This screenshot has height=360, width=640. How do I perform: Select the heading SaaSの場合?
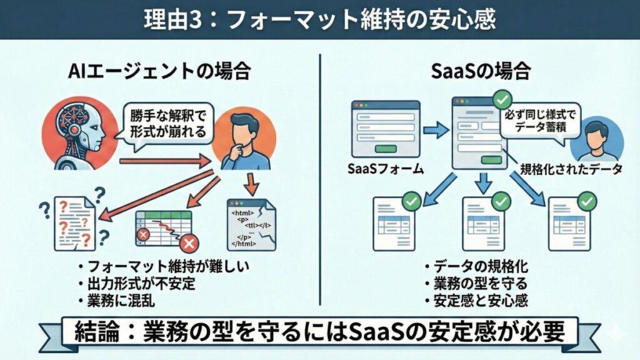(481, 72)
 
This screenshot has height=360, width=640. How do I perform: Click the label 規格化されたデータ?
(572, 169)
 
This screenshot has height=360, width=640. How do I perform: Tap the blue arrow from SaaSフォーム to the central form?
(434, 130)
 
